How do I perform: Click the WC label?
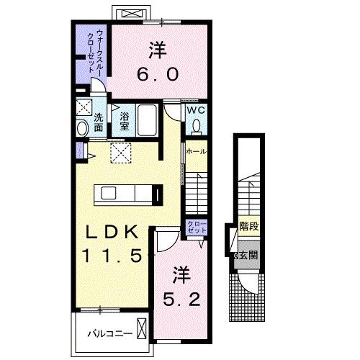coord(196,110)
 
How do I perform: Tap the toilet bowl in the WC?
coord(197,125)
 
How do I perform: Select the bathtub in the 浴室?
coord(146,120)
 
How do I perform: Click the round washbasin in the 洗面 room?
coord(82,128)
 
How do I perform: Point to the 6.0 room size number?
coord(158,74)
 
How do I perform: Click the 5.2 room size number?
coord(181,300)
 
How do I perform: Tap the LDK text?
coord(112,232)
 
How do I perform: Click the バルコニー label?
coord(110,334)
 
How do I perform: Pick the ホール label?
coord(196,151)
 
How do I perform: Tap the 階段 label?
coord(249,226)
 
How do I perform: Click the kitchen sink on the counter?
coord(108,193)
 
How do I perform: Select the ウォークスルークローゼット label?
coord(95,51)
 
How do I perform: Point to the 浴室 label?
coord(125,122)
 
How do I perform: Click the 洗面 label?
coord(99,122)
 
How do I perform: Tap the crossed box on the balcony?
coord(141,328)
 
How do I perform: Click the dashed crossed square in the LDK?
coord(121,153)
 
